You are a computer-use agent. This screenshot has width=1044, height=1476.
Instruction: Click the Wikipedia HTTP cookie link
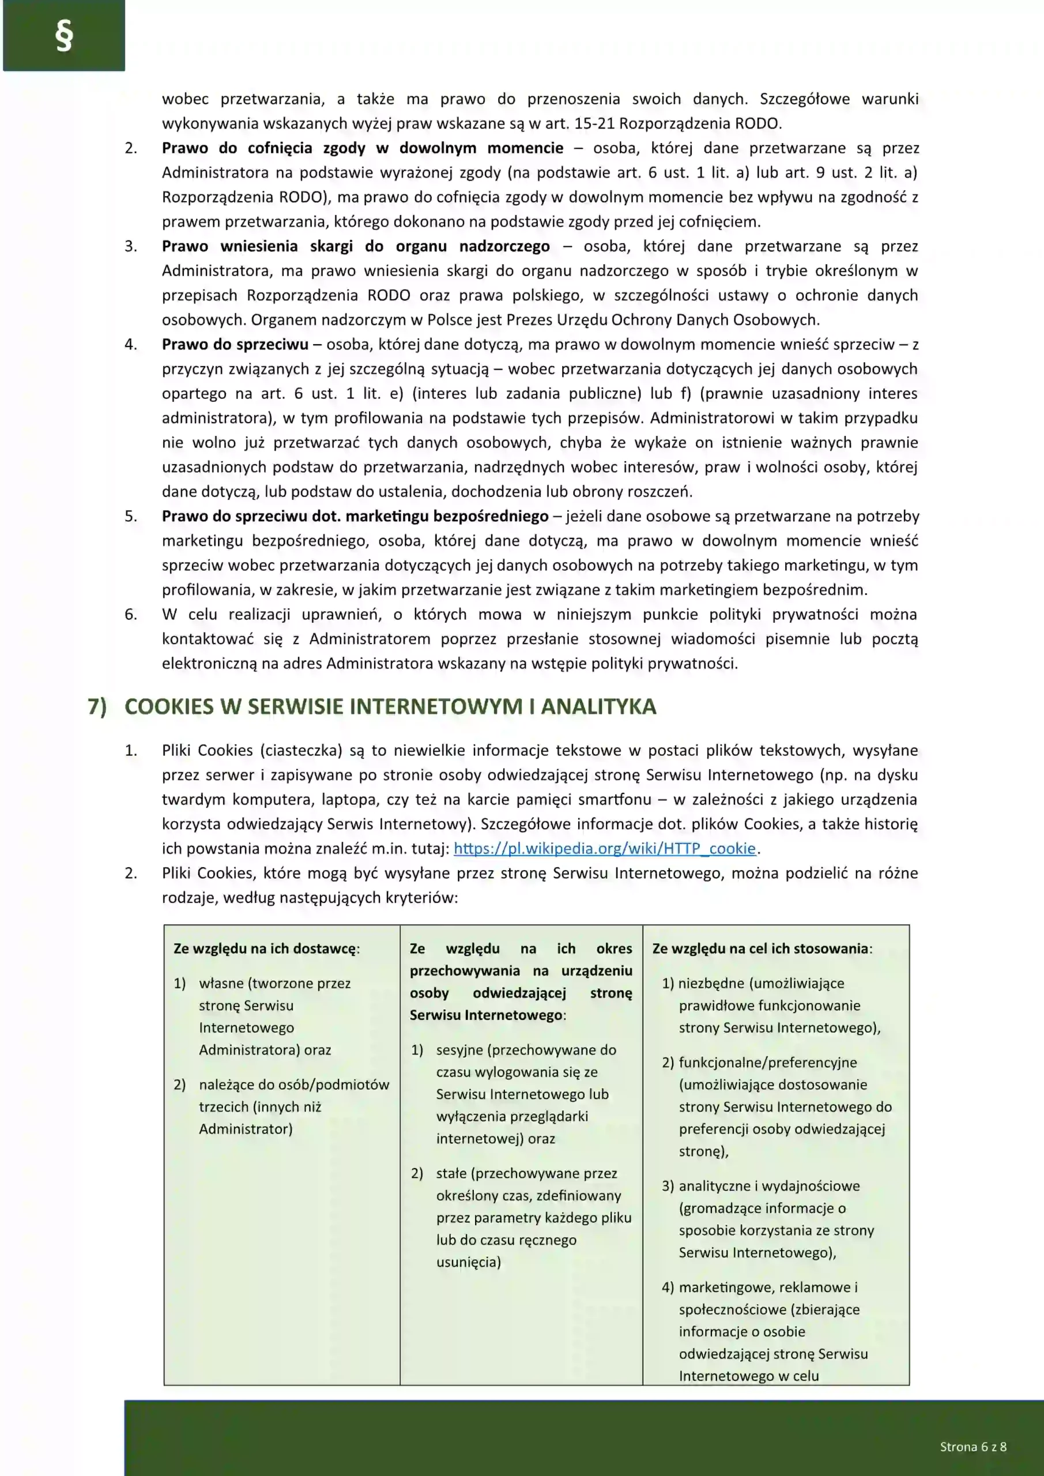click(604, 849)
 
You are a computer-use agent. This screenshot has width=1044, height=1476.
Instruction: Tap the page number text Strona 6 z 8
click(973, 1447)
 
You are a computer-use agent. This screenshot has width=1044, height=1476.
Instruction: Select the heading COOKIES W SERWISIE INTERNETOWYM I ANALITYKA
click(390, 706)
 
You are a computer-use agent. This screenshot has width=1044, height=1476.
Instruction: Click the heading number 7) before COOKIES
click(97, 706)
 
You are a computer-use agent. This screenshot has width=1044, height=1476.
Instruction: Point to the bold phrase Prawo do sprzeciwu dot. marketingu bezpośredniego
click(355, 516)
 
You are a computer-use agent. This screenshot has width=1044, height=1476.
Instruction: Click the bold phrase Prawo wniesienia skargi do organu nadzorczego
click(356, 246)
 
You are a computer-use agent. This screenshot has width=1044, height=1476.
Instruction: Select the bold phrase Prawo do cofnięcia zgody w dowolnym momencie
click(362, 148)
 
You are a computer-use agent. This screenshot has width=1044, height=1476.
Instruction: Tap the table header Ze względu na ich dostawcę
click(266, 948)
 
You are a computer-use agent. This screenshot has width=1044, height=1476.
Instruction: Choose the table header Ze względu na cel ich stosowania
click(762, 948)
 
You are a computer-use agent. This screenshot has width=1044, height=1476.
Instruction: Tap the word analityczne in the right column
click(715, 1186)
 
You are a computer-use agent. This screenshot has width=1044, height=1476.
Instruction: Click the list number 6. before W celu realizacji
click(130, 615)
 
